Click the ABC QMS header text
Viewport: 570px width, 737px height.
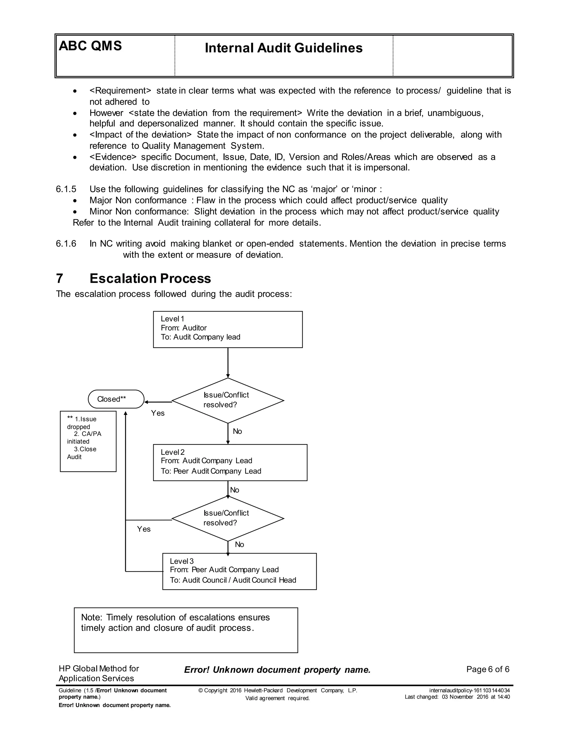coord(90,46)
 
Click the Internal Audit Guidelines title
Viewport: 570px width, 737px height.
coord(283,48)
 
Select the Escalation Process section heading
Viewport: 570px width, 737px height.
coord(150,278)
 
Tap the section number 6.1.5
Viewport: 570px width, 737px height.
coord(66,189)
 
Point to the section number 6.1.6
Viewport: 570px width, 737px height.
coord(66,244)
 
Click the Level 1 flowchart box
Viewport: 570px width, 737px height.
coord(228,329)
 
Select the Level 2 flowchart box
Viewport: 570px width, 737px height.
coord(230,462)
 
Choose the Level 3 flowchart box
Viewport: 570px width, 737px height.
coord(239,571)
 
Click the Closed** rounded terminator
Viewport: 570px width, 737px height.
coord(116,399)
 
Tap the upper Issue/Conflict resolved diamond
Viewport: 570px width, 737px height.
coord(228,400)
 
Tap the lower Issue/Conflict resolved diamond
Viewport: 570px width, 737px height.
coord(228,518)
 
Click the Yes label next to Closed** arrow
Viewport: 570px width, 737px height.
coord(158,413)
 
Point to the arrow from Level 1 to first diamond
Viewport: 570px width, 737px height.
coord(228,363)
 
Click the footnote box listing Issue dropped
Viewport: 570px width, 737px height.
coord(88,441)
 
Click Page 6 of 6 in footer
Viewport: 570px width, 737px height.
coord(488,669)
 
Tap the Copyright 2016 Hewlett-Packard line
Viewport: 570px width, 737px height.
coord(277,691)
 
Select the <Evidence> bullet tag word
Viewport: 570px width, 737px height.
coord(113,157)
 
